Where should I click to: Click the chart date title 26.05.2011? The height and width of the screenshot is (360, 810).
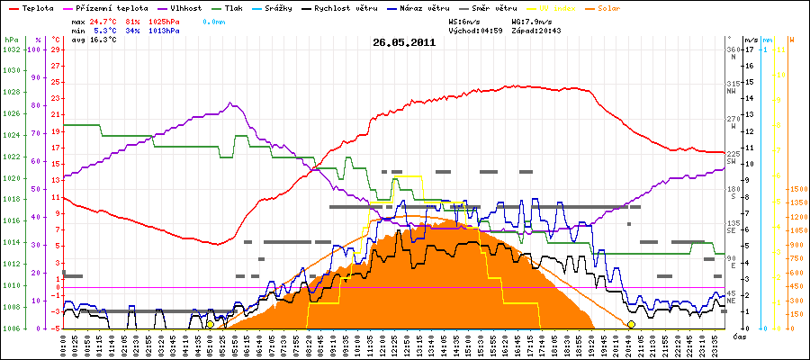(x=404, y=41)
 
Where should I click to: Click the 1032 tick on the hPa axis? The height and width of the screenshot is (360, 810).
(x=11, y=50)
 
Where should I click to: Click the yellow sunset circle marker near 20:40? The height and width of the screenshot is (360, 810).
(x=631, y=324)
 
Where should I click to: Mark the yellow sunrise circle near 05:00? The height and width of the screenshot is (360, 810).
(x=210, y=324)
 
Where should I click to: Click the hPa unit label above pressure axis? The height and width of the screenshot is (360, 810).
(x=11, y=40)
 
